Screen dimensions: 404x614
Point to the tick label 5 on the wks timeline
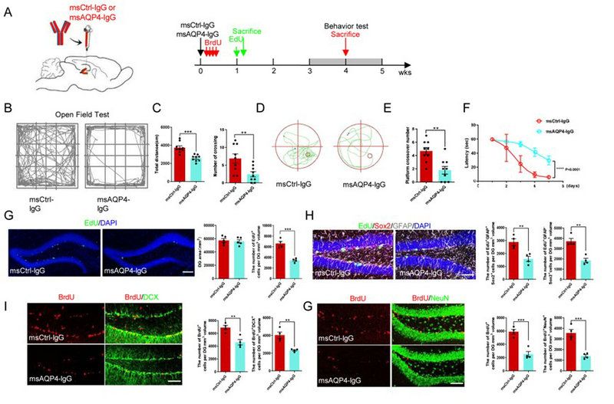[381, 83]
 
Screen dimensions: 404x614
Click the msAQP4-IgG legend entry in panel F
[546, 132]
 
